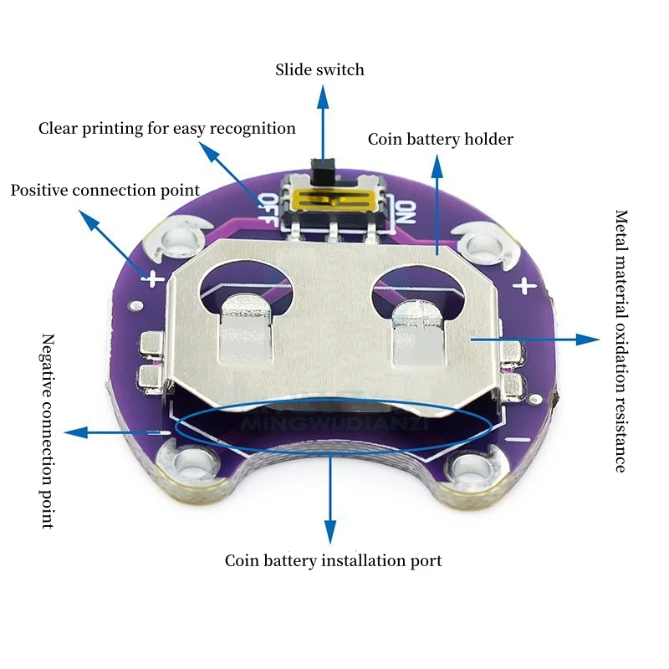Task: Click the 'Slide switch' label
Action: point(319,69)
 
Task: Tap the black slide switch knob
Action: point(324,170)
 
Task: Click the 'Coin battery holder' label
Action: point(441,139)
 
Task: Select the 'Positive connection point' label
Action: point(105,191)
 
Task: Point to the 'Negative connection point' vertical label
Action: point(49,431)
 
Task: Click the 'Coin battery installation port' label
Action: point(333,560)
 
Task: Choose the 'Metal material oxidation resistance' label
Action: point(621,341)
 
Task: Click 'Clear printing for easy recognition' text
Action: point(166,129)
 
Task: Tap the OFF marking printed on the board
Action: point(268,210)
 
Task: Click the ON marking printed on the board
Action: point(405,212)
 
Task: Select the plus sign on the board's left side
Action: point(153,279)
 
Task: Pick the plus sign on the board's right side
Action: point(524,285)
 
